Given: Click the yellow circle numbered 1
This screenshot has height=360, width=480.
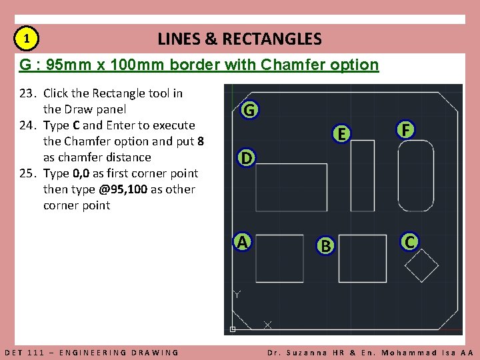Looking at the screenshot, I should [x=26, y=39].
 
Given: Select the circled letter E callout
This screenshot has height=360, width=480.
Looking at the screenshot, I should [x=341, y=134].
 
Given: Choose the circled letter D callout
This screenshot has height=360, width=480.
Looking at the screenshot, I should [x=247, y=159].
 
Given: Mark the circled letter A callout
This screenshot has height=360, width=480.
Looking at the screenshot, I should [x=243, y=241].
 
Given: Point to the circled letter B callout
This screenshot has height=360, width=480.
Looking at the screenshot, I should [x=325, y=245].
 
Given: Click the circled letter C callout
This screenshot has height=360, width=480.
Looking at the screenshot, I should [x=409, y=241].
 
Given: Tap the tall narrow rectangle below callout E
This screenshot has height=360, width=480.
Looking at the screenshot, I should [x=362, y=175].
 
